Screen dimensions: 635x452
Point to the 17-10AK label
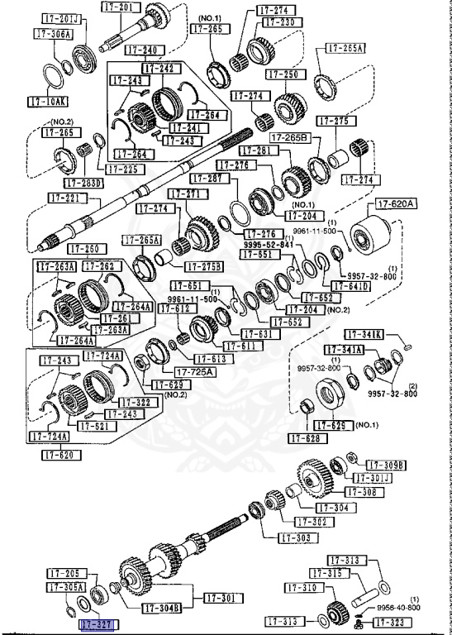45,103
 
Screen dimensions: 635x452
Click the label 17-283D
83,182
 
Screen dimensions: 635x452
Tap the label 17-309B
387,465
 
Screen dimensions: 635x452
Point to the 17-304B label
162,608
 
